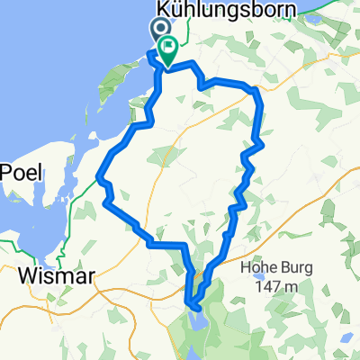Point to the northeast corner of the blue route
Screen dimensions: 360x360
pyautogui.click(x=258, y=90)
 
